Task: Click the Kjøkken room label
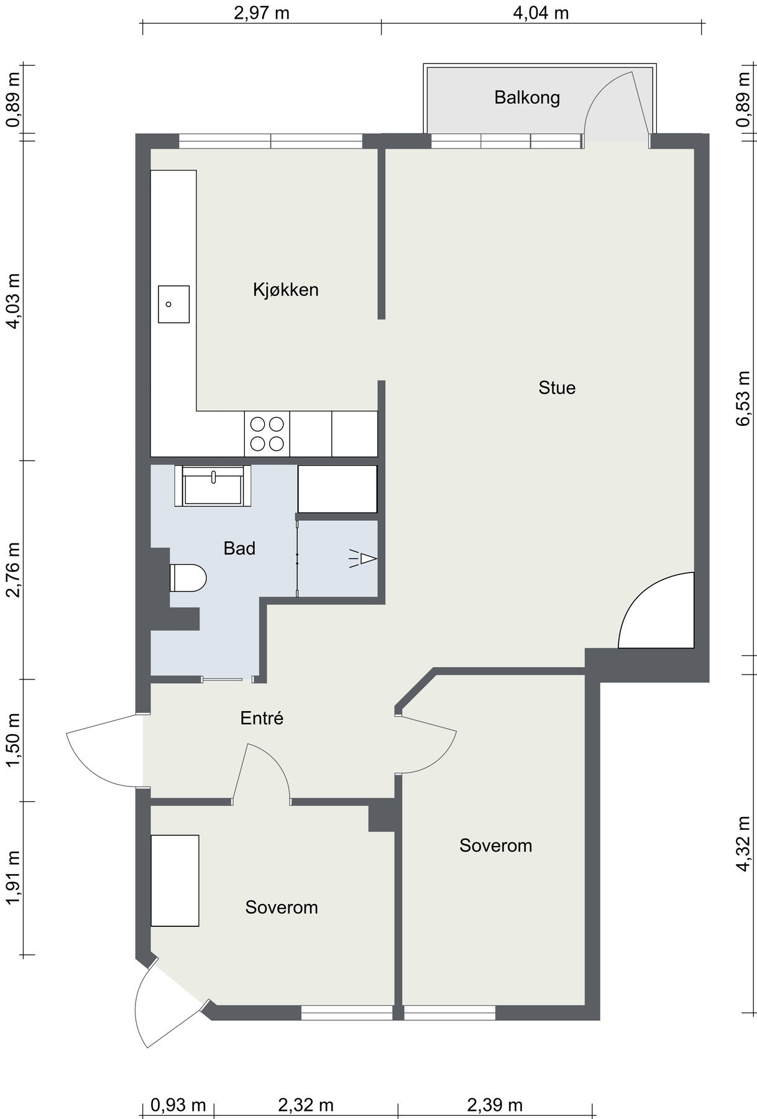(x=286, y=290)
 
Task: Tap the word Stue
(x=557, y=388)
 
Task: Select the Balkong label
(x=527, y=98)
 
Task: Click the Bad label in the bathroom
(x=239, y=548)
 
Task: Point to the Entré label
(x=262, y=718)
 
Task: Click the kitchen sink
(x=173, y=304)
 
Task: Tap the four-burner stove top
(x=267, y=434)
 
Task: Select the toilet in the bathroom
(x=188, y=578)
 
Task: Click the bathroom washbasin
(x=213, y=486)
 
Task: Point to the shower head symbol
(x=364, y=559)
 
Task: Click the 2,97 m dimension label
(x=262, y=12)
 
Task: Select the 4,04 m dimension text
(x=541, y=12)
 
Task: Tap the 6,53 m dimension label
(x=743, y=398)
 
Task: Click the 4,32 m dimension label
(x=743, y=844)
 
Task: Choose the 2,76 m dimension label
(x=14, y=569)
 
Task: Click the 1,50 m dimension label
(x=14, y=740)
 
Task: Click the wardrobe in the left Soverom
(x=175, y=881)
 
